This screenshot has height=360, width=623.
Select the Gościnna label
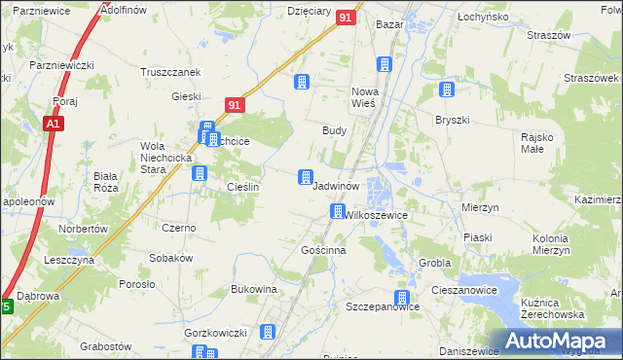click(324, 250)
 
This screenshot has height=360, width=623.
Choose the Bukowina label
click(254, 289)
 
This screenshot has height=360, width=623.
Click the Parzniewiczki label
click(60, 64)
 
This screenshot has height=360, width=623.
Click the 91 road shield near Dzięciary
click(346, 18)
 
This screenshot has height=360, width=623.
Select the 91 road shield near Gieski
click(234, 104)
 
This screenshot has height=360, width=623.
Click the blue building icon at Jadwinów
click(306, 176)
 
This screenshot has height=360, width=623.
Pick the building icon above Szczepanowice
click(399, 298)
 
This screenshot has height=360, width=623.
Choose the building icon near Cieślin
click(200, 173)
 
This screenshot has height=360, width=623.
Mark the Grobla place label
click(434, 263)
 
